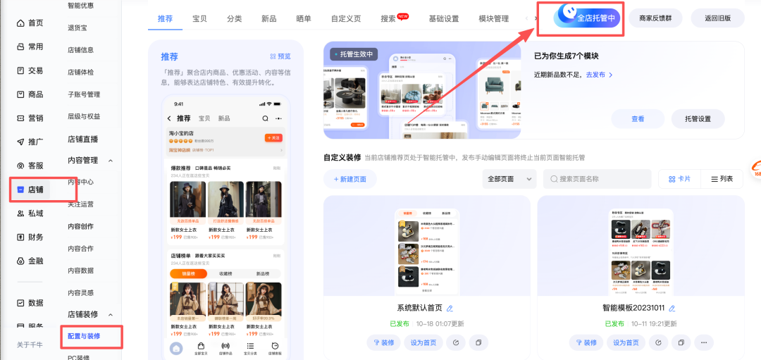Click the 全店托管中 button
(x=588, y=18)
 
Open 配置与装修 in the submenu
(x=84, y=336)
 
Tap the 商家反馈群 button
(x=655, y=18)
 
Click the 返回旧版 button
(x=717, y=18)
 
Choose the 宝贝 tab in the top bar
(x=200, y=18)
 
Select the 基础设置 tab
(x=444, y=18)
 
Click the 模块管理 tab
(x=493, y=18)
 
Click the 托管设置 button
(x=698, y=119)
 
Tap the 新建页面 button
(x=349, y=179)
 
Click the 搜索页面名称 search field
(x=597, y=179)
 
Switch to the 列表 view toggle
(x=722, y=179)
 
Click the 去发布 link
(x=600, y=75)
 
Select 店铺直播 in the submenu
(x=82, y=139)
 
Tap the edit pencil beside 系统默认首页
(x=450, y=308)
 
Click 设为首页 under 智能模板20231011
(x=626, y=342)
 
